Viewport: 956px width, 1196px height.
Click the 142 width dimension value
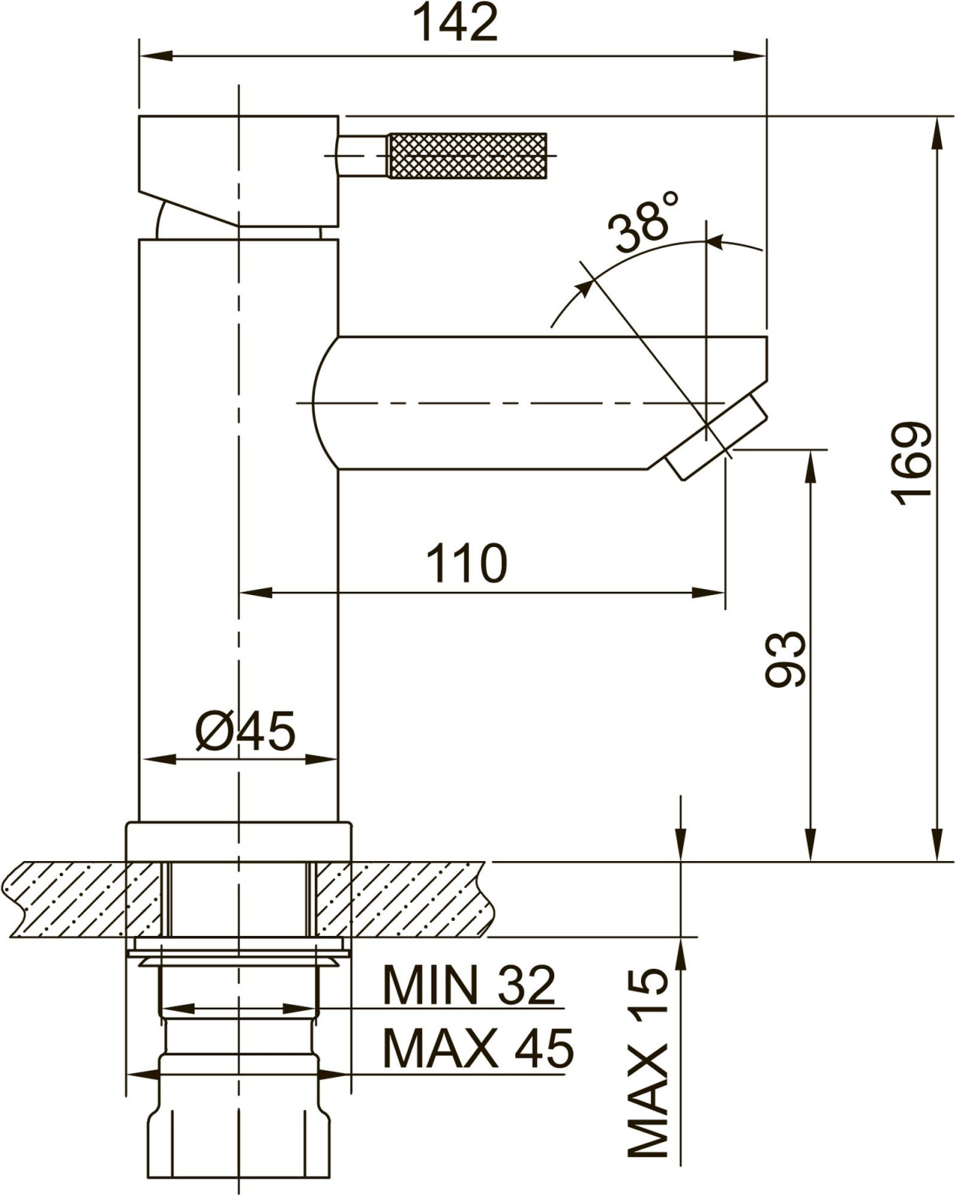[x=458, y=22]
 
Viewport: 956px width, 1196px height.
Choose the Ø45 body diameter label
[x=245, y=731]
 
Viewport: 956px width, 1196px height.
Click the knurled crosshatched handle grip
[x=468, y=155]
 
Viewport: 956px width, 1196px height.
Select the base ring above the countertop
[x=239, y=842]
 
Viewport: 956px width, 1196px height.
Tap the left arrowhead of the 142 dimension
[x=155, y=56]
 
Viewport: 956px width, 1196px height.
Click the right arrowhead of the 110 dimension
[x=708, y=593]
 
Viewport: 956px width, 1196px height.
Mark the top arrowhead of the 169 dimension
[x=937, y=133]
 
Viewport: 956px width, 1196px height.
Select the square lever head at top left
[x=239, y=171]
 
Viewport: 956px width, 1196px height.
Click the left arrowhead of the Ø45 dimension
[x=159, y=759]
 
